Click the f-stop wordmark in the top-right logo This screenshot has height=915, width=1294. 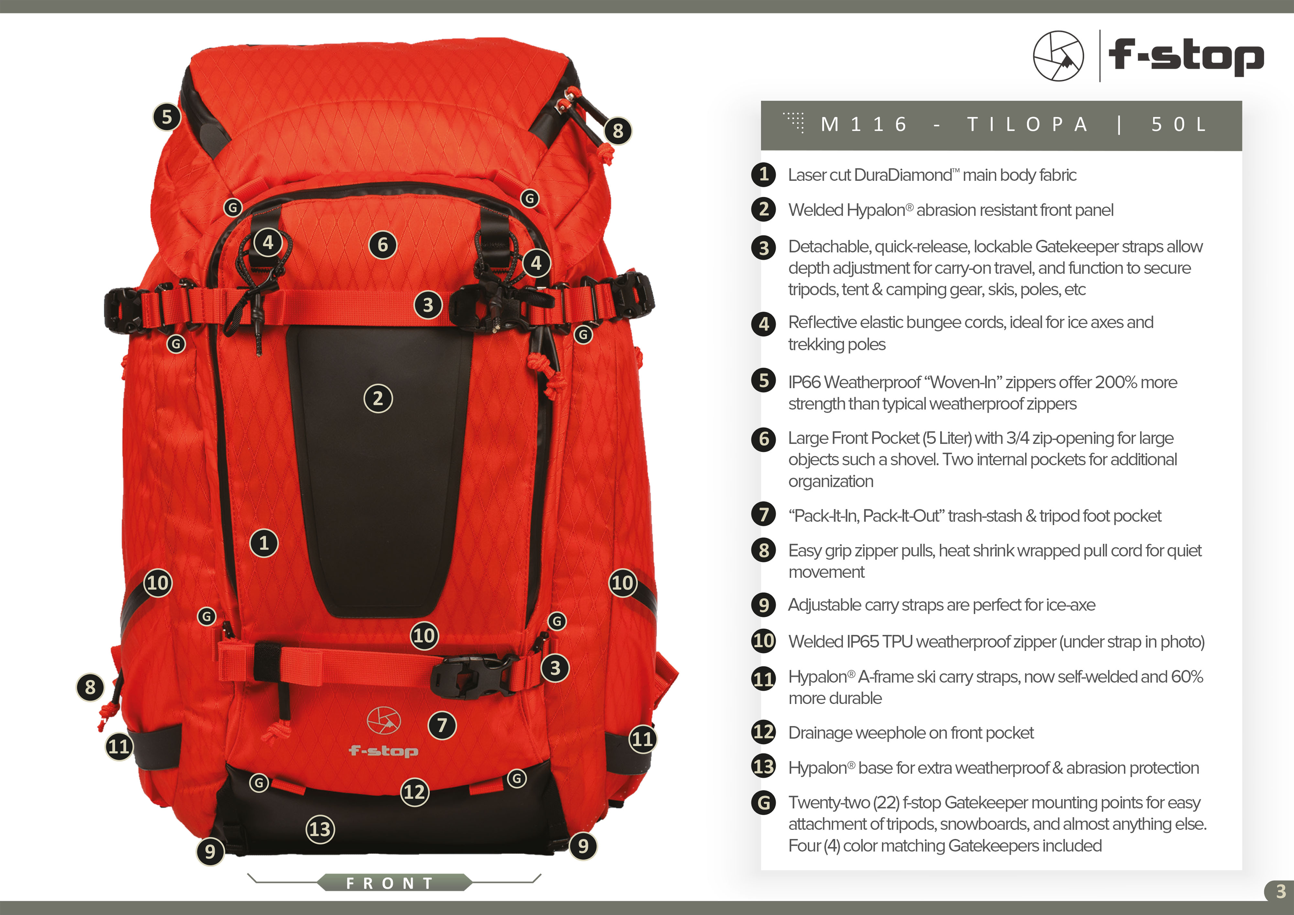click(1186, 56)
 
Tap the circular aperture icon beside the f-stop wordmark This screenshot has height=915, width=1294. click(1058, 56)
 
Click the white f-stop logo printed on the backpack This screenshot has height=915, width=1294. click(384, 733)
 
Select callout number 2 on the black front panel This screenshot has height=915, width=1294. click(378, 399)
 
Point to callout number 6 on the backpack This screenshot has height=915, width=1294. click(383, 245)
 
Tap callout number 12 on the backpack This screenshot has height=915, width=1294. click(415, 792)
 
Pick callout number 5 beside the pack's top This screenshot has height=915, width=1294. click(167, 117)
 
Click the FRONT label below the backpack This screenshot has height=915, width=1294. click(390, 883)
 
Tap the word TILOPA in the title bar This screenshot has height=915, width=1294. click(1027, 125)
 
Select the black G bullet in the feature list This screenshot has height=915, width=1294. click(764, 802)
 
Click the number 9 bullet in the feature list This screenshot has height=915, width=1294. click(764, 605)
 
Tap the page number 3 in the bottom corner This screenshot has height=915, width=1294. click(1280, 891)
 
